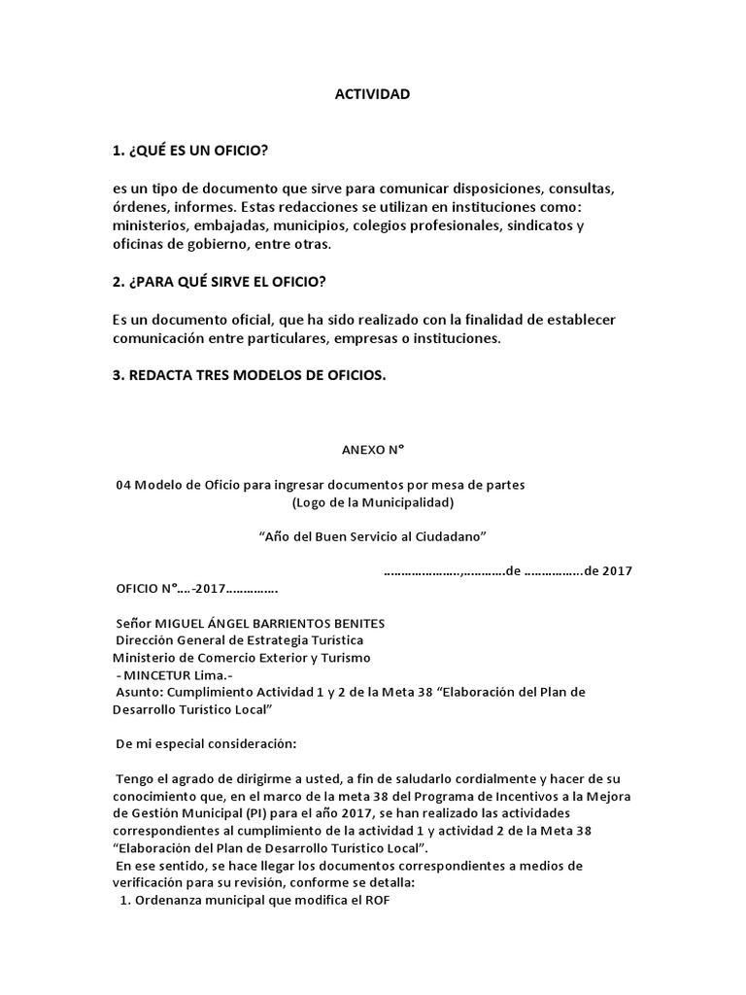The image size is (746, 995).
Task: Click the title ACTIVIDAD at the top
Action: (372, 94)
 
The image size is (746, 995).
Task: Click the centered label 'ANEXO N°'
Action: (371, 450)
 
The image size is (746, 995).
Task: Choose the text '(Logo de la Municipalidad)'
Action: (372, 502)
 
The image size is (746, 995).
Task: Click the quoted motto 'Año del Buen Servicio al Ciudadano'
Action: (372, 536)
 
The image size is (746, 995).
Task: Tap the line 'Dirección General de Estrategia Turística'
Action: (239, 640)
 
